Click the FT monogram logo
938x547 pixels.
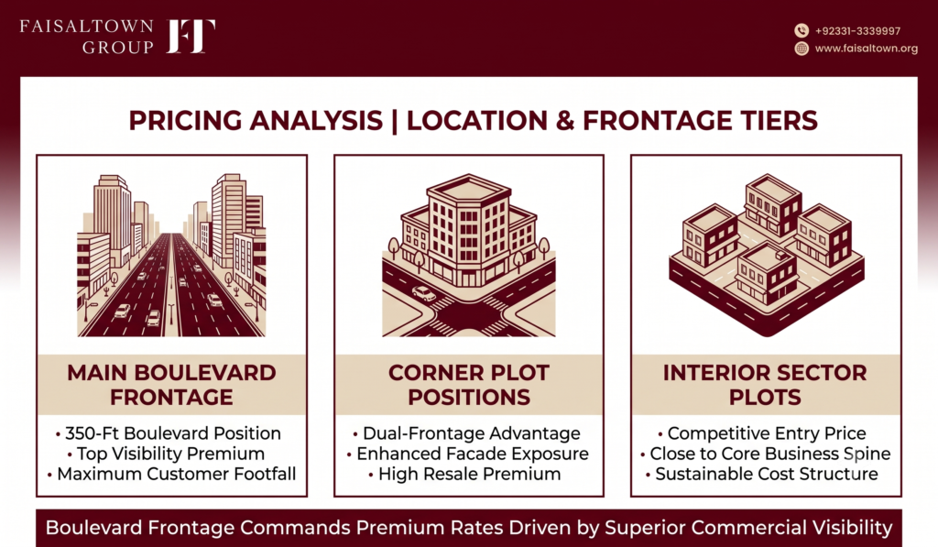(191, 36)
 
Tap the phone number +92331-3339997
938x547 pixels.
(857, 31)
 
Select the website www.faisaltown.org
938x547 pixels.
(867, 49)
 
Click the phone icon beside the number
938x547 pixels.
(802, 30)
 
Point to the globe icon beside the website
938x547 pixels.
(802, 49)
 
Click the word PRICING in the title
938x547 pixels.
(186, 120)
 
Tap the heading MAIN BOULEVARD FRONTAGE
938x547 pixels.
(171, 385)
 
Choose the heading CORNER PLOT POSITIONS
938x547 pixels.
(469, 385)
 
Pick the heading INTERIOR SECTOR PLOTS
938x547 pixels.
(765, 385)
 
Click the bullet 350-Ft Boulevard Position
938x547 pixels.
(169, 433)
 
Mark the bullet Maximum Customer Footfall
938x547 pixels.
(171, 474)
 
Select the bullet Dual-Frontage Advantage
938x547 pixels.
(466, 433)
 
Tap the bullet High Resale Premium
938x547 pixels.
(464, 474)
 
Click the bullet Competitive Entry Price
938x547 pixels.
(761, 433)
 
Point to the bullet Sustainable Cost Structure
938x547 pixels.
(761, 474)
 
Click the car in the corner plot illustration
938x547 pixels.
(424, 293)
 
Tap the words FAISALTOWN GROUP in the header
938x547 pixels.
(87, 37)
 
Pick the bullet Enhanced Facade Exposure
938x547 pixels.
(468, 454)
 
